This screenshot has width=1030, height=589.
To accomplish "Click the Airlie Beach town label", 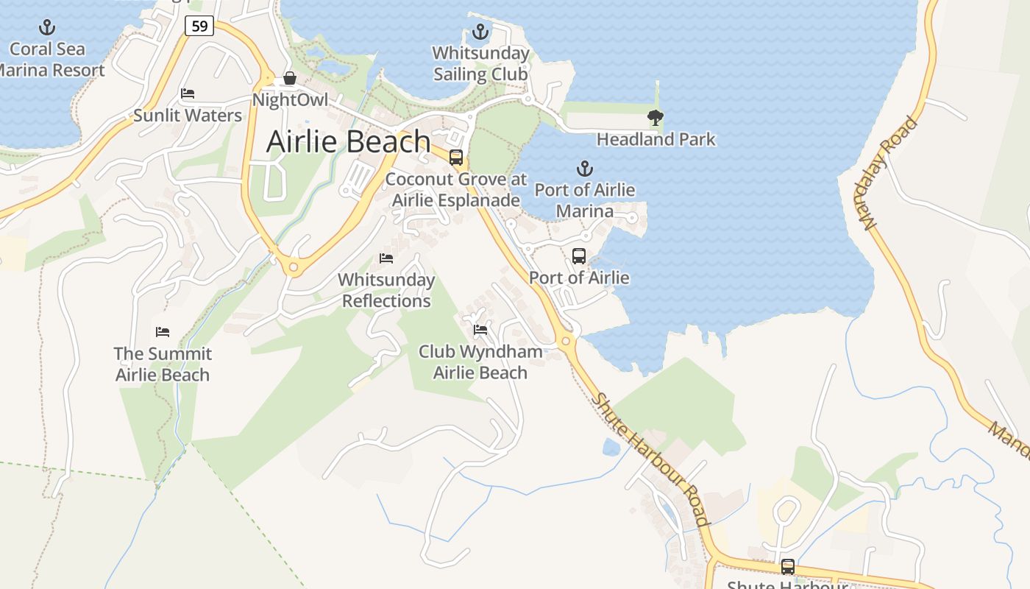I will (348, 141).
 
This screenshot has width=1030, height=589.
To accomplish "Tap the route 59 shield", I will (199, 27).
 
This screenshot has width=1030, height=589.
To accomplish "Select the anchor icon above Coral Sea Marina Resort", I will (47, 28).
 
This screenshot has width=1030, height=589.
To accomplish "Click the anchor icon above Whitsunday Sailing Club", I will (480, 32).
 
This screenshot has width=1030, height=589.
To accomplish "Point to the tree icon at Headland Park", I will (655, 117).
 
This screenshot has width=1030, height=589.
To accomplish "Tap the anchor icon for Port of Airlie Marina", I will (584, 169).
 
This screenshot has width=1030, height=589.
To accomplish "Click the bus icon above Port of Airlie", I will (579, 256).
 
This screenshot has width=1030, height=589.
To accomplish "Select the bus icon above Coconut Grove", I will (456, 157).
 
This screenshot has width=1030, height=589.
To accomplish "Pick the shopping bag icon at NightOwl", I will (290, 78).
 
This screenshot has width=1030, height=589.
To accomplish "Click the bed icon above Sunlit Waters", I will (188, 94).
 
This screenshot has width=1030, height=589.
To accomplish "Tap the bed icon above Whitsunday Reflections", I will (386, 258).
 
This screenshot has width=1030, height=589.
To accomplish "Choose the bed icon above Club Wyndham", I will (480, 329).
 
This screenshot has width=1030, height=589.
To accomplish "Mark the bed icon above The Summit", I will (163, 332).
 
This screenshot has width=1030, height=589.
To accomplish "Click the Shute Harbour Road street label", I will (651, 459).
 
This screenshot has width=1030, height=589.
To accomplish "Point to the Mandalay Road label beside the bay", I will (892, 173).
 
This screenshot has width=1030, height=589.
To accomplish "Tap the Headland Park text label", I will (656, 139).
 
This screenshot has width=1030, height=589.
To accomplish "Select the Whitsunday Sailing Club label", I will (480, 64).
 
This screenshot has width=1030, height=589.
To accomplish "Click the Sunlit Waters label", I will (188, 116).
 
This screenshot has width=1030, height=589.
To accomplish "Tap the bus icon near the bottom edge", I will (788, 567).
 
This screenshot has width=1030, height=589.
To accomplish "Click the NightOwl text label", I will (290, 100).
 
